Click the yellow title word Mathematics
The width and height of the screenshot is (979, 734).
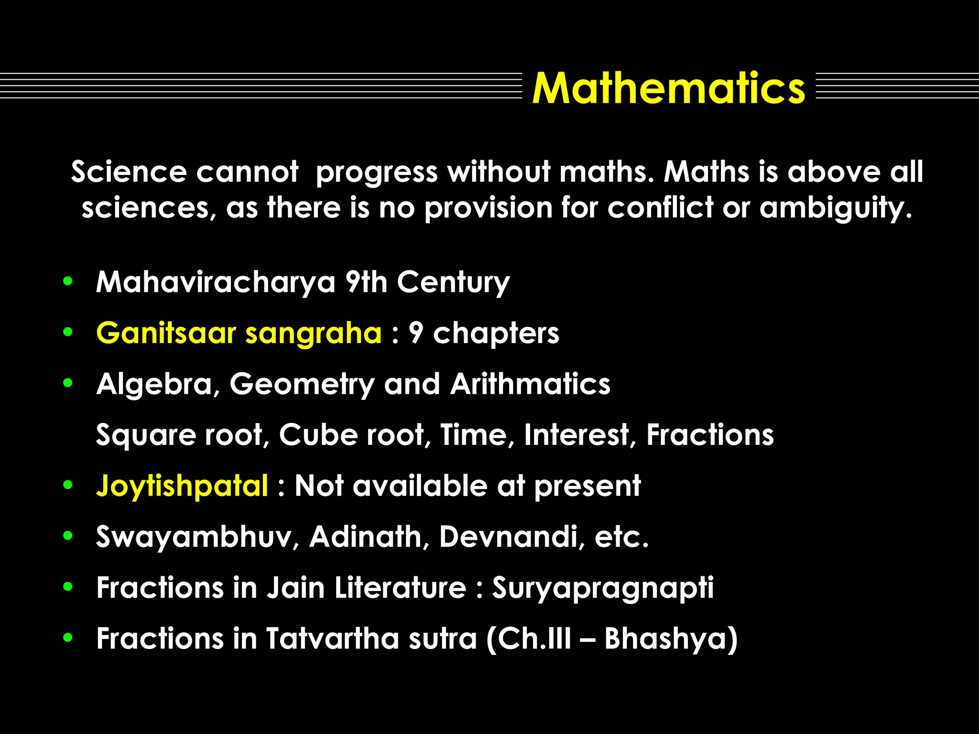point(668,88)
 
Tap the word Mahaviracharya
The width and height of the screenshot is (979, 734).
point(216,282)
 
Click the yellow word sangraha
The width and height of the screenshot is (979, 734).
point(313,334)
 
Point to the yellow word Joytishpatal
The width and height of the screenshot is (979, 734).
point(182,486)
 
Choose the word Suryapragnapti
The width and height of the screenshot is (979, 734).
point(603,588)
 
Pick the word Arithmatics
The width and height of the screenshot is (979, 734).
point(530,384)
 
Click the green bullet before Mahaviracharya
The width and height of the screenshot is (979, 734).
point(68,281)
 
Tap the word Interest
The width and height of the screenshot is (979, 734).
point(580,435)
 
